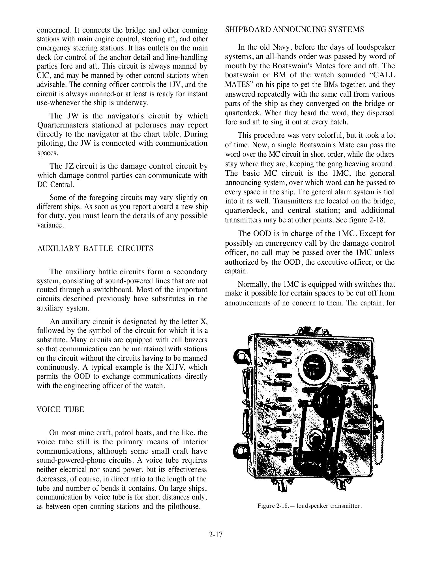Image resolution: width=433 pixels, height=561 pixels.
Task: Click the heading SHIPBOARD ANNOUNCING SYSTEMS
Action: [x=294, y=29]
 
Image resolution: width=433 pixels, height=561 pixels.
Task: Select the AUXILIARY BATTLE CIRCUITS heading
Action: [x=95, y=248]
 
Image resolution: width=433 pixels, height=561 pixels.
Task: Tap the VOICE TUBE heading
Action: [x=61, y=409]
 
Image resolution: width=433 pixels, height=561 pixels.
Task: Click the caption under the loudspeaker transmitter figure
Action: [x=310, y=506]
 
